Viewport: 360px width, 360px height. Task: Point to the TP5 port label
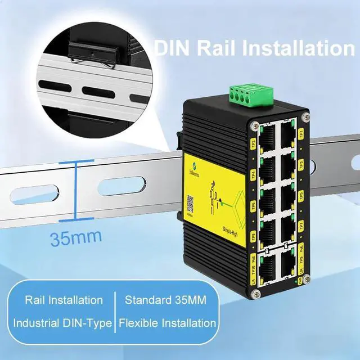click(301, 195)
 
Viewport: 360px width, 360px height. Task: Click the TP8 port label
click(253, 236)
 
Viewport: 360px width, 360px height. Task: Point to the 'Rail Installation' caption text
click(64, 300)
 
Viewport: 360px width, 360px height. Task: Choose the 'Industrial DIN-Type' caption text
click(64, 323)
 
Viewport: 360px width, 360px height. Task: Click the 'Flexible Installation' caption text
click(167, 323)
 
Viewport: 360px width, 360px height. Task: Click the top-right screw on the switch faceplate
click(305, 117)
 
